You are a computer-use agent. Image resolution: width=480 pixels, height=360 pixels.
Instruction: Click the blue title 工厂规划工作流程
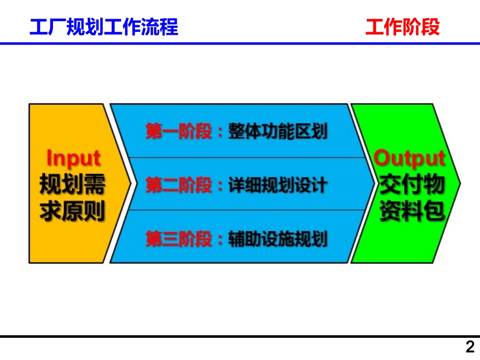(x=104, y=27)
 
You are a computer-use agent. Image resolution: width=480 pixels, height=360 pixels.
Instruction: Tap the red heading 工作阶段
(x=403, y=27)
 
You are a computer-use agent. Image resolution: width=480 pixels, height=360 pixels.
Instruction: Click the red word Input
(x=74, y=159)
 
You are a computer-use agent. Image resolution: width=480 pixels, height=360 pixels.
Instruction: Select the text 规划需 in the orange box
(x=73, y=185)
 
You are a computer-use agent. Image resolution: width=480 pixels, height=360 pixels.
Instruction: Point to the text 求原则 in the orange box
(x=73, y=211)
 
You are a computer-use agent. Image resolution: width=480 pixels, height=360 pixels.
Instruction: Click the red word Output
(x=410, y=159)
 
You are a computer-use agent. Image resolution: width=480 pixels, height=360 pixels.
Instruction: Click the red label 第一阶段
(x=179, y=132)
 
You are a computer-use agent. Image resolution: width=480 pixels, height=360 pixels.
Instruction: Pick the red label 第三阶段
(x=179, y=239)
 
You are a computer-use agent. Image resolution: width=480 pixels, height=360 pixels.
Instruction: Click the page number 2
(x=470, y=348)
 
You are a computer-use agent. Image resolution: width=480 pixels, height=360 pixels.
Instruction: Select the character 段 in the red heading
(x=430, y=27)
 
